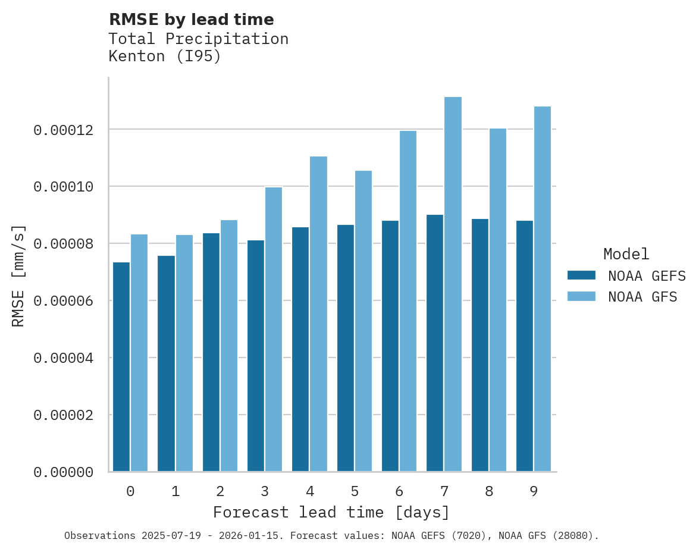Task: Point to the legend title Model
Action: coord(626,254)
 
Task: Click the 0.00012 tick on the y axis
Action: coord(63,130)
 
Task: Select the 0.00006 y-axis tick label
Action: coord(63,301)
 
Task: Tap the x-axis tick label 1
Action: coord(175,491)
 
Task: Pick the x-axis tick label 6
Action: coord(399,491)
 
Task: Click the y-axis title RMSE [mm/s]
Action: coord(18,275)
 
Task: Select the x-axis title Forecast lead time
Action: coord(331,512)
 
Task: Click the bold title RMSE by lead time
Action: coord(192,20)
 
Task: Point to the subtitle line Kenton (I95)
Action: coord(165,57)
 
